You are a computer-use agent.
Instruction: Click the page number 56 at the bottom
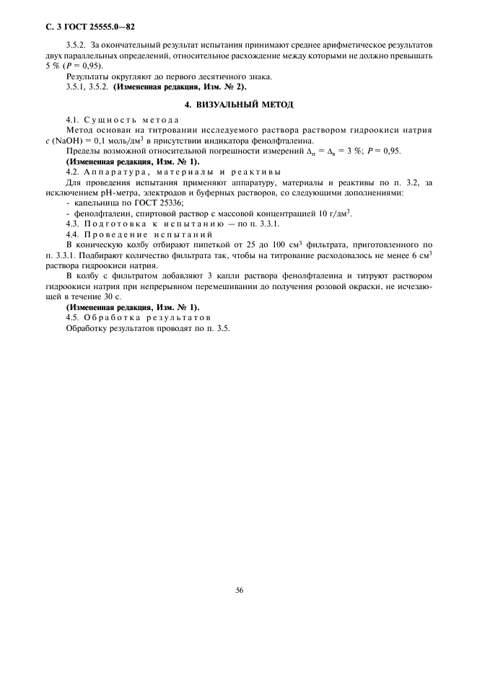(239, 589)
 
